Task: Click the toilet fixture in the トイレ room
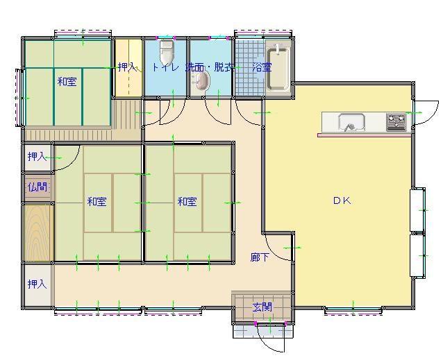pos(166,53)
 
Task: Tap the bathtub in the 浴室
pos(278,69)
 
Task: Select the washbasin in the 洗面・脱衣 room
pos(200,81)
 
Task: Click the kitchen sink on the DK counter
pos(351,122)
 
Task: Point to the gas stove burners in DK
pos(396,122)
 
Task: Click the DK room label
pos(342,200)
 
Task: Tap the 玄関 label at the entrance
pos(262,307)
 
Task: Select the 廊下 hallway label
pos(260,257)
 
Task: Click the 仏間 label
pos(37,187)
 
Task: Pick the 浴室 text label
pos(262,67)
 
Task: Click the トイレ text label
pos(165,67)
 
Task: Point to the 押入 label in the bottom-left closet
pos(37,284)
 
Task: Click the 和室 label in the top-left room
pos(67,82)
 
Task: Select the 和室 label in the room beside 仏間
pos(97,201)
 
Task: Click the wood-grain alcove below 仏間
pos(38,232)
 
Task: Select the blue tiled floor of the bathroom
pos(251,68)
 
